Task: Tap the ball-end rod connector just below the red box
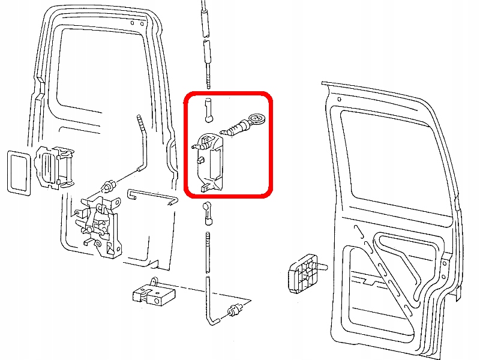point(208,210)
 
